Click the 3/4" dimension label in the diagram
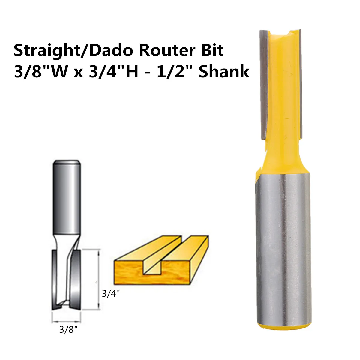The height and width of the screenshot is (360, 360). [111, 293]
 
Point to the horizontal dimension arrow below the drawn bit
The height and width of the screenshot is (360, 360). [66, 320]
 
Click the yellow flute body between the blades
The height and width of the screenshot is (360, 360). [280, 90]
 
